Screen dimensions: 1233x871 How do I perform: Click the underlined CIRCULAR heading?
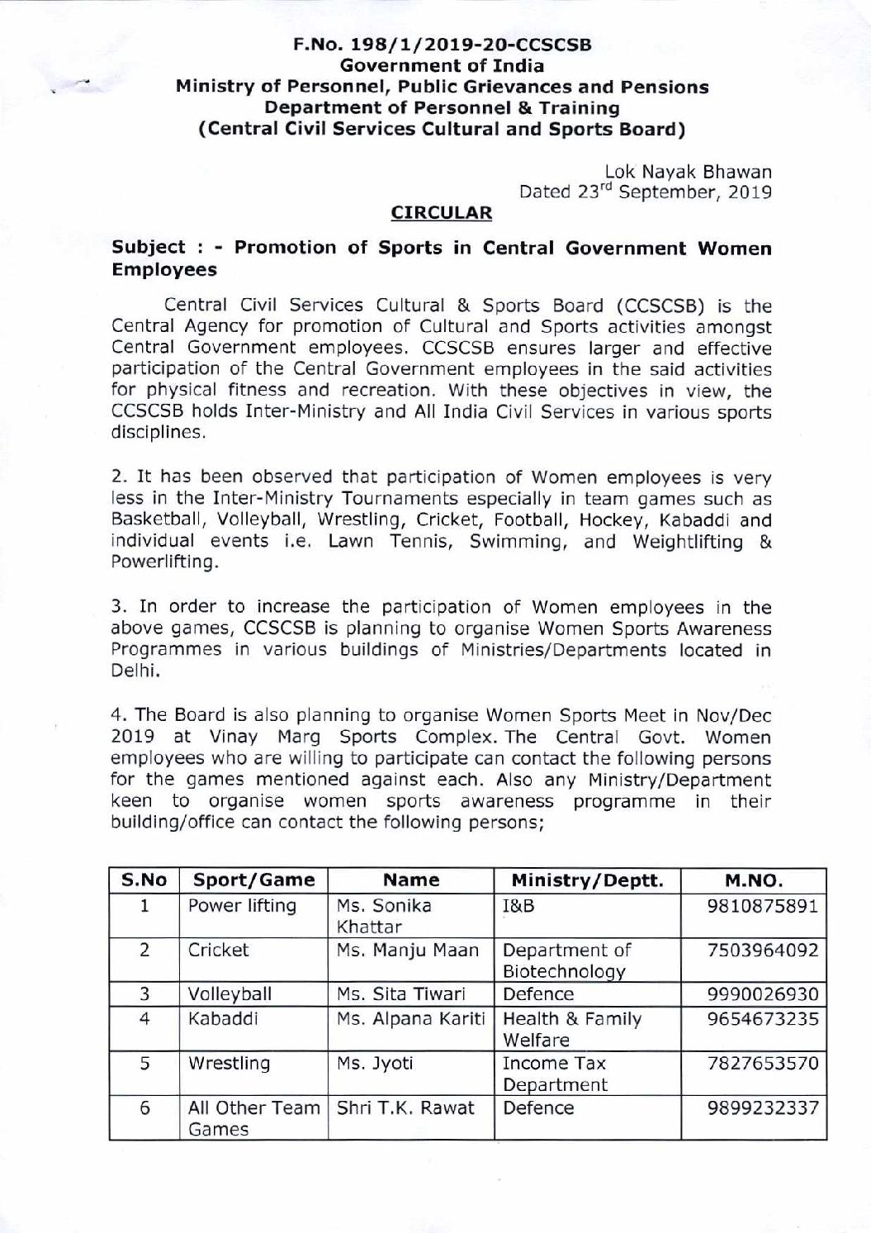pyautogui.click(x=441, y=213)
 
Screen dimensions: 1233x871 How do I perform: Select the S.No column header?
pyautogui.click(x=144, y=880)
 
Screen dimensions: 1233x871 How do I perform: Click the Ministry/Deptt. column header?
pyautogui.click(x=587, y=880)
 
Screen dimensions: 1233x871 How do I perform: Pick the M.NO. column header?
pyautogui.click(x=753, y=880)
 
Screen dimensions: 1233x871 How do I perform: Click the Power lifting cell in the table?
pyautogui.click(x=242, y=906)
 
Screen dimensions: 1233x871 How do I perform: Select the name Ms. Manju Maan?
pyautogui.click(x=408, y=951)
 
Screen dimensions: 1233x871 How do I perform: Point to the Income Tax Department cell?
pyautogui.click(x=555, y=1074)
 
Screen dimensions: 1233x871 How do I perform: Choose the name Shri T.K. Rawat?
pyautogui.click(x=405, y=1108)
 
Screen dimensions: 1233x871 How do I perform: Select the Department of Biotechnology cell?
pyautogui.click(x=566, y=960)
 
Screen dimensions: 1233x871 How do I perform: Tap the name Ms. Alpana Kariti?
pyautogui.click(x=410, y=1019)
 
